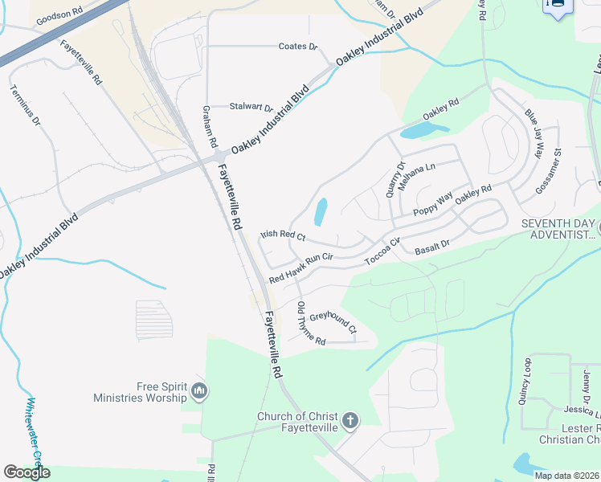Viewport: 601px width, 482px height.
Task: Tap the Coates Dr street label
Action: click(x=298, y=47)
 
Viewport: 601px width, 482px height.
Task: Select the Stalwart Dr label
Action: click(x=251, y=107)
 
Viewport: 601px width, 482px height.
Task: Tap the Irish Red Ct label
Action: click(x=283, y=236)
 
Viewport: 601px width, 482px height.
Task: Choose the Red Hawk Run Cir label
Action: click(x=300, y=267)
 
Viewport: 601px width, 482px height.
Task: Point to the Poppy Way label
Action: click(x=434, y=205)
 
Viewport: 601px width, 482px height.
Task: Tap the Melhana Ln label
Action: click(x=416, y=173)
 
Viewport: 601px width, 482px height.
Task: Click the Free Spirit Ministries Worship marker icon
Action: click(x=200, y=391)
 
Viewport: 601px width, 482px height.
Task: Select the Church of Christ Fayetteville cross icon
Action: click(x=350, y=420)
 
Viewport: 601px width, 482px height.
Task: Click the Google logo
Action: click(x=27, y=472)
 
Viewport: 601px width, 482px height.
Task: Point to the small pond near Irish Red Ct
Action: click(x=321, y=212)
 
